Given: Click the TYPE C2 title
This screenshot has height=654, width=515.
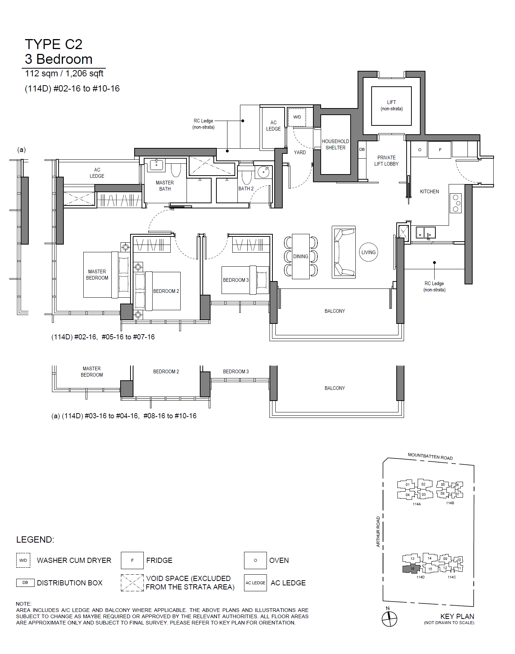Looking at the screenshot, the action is pyautogui.click(x=53, y=44).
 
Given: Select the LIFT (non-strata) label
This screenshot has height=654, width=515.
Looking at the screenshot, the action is pyautogui.click(x=392, y=105).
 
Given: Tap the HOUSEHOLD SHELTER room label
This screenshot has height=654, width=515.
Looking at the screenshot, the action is pyautogui.click(x=335, y=145).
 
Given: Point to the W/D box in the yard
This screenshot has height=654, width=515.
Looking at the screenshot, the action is pyautogui.click(x=297, y=117).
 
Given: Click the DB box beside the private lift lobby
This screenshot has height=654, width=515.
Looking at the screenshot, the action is pyautogui.click(x=362, y=149).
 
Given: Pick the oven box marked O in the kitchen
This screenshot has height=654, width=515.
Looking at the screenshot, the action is pyautogui.click(x=420, y=150).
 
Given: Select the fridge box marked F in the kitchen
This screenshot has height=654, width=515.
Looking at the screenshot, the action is pyautogui.click(x=440, y=150).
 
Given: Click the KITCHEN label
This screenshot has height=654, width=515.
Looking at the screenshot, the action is pyautogui.click(x=429, y=192).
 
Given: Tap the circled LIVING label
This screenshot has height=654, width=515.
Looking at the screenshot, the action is pyautogui.click(x=369, y=252).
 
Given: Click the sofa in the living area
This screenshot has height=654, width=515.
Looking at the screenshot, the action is pyautogui.click(x=344, y=252).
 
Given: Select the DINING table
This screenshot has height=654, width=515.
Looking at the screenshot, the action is pyautogui.click(x=301, y=256).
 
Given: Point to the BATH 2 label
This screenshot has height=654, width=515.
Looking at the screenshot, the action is pyautogui.click(x=246, y=188).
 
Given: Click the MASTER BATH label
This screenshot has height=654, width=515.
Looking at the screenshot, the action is pyautogui.click(x=165, y=186).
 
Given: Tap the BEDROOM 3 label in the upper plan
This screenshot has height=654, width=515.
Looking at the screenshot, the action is pyautogui.click(x=236, y=280).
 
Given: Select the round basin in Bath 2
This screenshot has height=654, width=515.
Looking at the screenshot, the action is pyautogui.click(x=264, y=172).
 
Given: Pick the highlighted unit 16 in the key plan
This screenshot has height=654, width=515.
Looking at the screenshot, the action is pyautogui.click(x=412, y=568).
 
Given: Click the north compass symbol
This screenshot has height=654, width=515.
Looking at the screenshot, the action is pyautogui.click(x=389, y=619).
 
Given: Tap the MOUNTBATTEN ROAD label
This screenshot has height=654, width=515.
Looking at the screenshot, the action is pyautogui.click(x=430, y=456).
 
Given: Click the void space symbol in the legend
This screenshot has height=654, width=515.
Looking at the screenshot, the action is pyautogui.click(x=132, y=583).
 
